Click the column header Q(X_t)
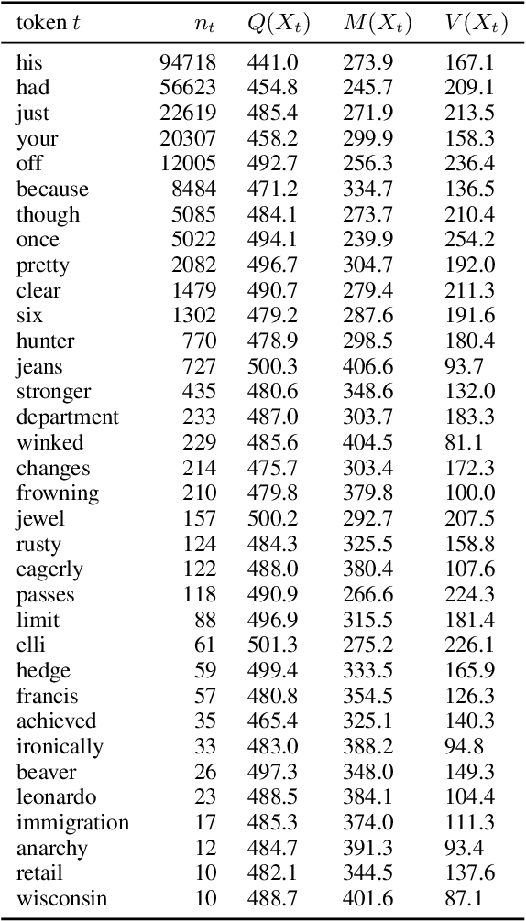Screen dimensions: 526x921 (x=279, y=25)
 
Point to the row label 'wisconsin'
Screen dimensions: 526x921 (x=61, y=898)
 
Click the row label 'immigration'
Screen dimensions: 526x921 (x=72, y=823)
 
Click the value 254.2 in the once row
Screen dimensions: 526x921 (x=468, y=240)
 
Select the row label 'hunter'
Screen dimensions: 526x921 (x=45, y=341)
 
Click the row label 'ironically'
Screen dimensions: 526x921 (x=60, y=747)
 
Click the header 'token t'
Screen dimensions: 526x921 (x=48, y=25)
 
